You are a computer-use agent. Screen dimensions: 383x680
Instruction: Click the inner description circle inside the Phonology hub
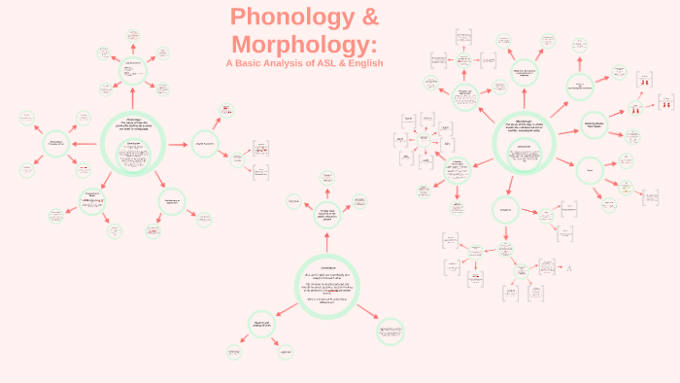pos(134,156)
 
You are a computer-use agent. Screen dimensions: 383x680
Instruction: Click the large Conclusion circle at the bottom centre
pos(326,286)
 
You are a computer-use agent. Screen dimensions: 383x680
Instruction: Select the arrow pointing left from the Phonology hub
pos(85,145)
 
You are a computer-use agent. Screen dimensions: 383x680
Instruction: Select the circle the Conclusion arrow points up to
pos(326,214)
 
